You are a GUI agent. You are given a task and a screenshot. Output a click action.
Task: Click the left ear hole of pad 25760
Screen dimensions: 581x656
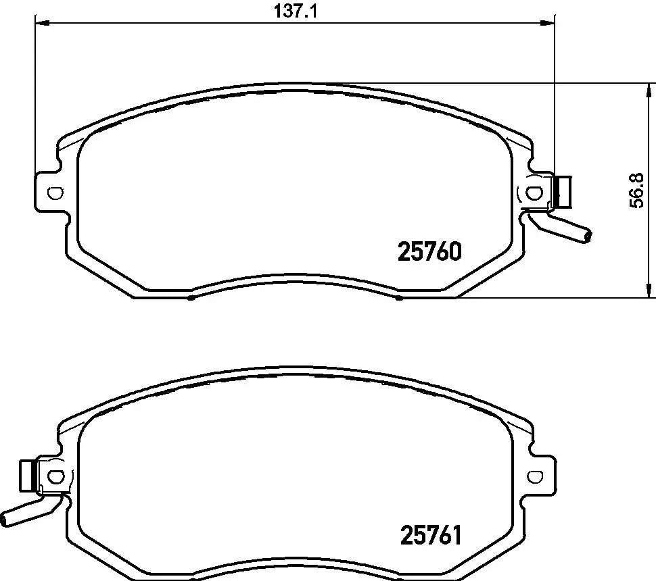[x=55, y=193]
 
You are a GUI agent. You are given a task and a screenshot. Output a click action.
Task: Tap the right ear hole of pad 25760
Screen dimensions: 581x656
[x=534, y=193]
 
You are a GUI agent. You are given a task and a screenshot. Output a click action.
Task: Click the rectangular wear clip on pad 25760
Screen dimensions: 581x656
[x=563, y=191]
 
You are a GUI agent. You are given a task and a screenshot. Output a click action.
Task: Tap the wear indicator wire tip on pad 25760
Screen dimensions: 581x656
[x=587, y=235]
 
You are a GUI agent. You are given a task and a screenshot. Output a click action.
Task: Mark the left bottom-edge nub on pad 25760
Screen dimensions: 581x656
[x=192, y=297]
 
